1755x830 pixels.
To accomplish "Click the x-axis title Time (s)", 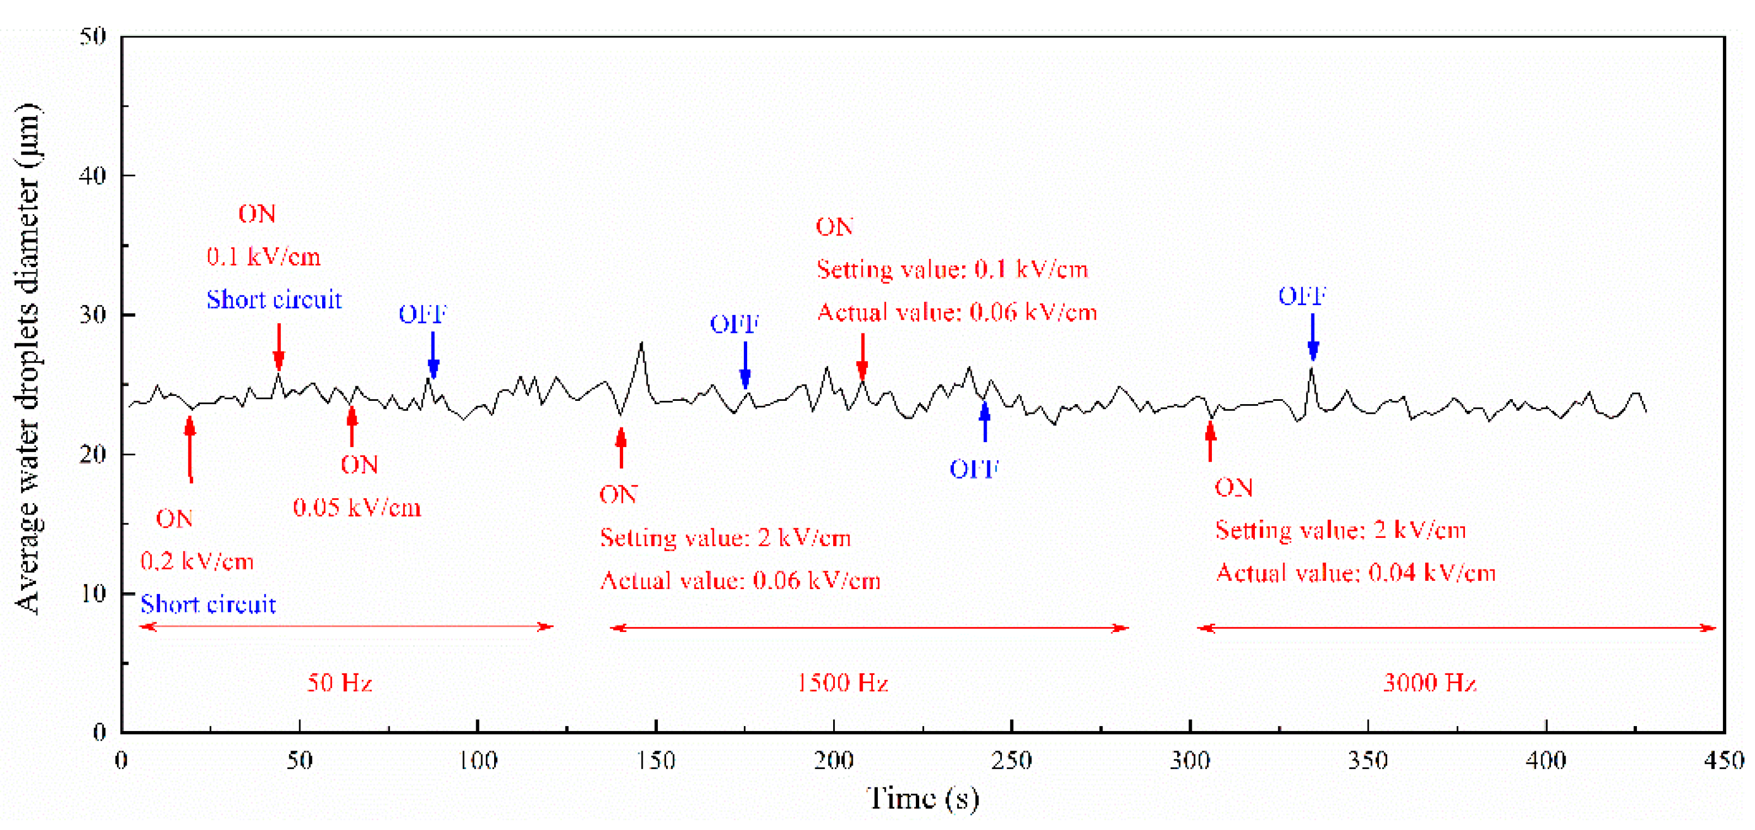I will click(x=922, y=798).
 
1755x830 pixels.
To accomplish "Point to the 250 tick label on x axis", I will click(x=1011, y=760).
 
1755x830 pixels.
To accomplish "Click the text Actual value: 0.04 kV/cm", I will click(x=1356, y=573).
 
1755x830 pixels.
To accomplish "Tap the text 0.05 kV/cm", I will click(x=357, y=508).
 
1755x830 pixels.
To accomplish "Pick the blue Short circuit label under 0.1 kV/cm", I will click(x=274, y=300).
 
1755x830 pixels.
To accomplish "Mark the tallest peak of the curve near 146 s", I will click(x=641, y=344).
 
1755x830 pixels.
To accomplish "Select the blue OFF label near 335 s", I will click(x=1301, y=296).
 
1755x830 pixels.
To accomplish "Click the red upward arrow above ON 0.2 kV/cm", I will click(x=190, y=449).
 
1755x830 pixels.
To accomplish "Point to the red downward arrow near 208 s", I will click(x=863, y=355).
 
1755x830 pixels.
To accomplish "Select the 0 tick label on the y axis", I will click(x=100, y=733).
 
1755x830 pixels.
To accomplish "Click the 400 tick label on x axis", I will click(x=1545, y=760).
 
